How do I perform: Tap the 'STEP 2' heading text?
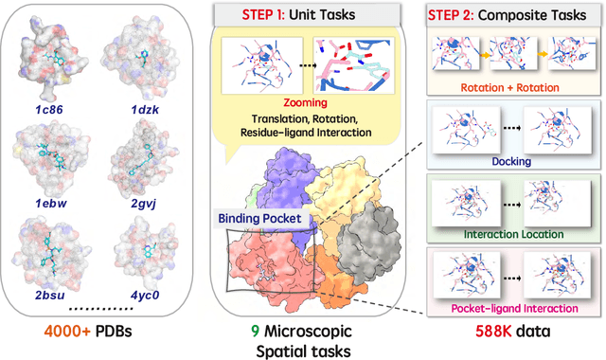[x=494, y=15]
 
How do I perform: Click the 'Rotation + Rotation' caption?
[x=512, y=89]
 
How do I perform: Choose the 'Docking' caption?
[x=512, y=162]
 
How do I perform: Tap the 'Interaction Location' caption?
[x=512, y=233]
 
